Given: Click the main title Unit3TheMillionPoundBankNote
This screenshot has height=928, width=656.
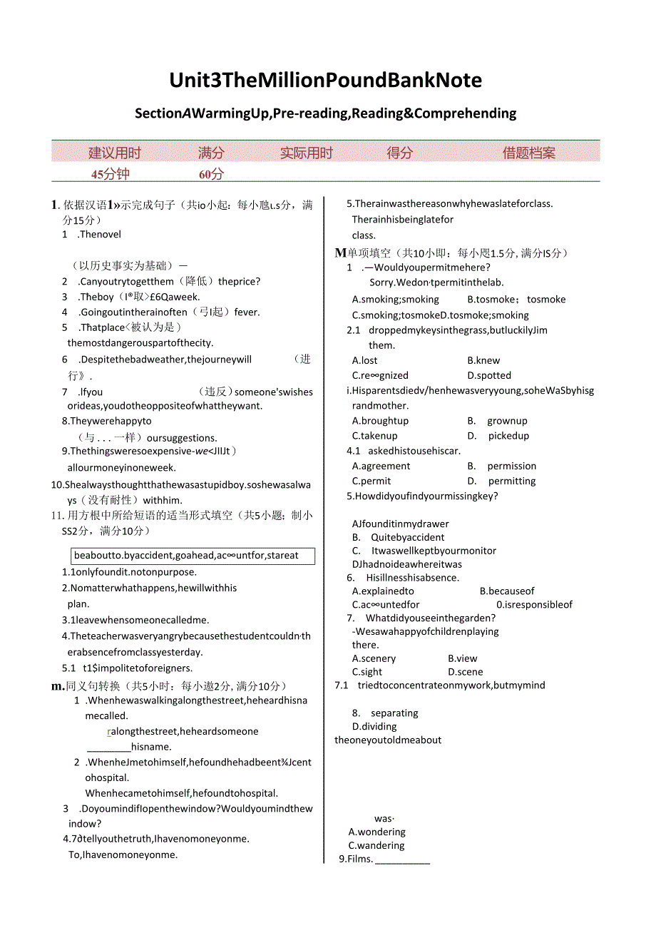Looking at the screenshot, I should (x=325, y=80).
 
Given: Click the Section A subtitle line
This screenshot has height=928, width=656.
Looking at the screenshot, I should (x=325, y=113).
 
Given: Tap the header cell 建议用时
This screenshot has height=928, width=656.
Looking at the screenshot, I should (x=114, y=153).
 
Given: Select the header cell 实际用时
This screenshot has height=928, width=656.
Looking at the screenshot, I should (x=306, y=153).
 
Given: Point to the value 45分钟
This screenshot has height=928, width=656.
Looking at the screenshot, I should (x=111, y=174).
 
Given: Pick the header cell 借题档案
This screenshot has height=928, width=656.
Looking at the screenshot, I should (x=528, y=153).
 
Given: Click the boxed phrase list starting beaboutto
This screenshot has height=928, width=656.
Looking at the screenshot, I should (x=193, y=555).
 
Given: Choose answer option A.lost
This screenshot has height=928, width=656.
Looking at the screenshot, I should (x=365, y=361).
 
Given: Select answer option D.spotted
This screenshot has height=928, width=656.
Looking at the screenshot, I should (x=489, y=375).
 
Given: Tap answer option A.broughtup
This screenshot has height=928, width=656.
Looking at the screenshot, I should (x=381, y=421).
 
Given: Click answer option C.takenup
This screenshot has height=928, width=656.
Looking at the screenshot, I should (x=375, y=436).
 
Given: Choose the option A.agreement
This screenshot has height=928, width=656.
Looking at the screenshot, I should (x=381, y=466).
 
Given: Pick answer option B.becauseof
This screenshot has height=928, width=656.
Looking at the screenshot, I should (x=507, y=591).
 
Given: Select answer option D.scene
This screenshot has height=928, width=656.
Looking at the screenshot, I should (x=466, y=672).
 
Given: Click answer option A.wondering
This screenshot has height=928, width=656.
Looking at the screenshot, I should (x=377, y=832).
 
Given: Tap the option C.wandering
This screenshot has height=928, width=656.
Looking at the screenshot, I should (x=377, y=845).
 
